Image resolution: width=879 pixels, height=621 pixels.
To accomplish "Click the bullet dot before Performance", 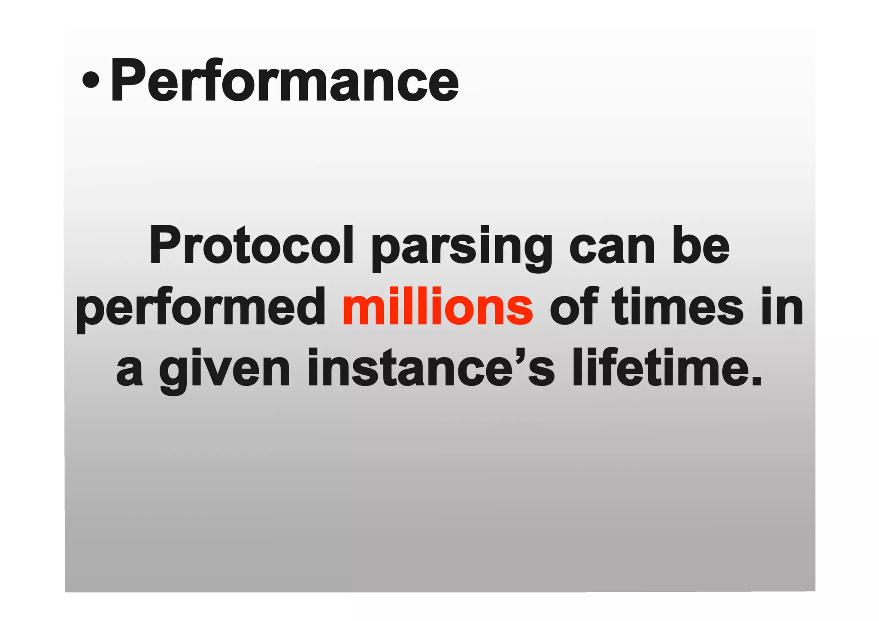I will [91, 79].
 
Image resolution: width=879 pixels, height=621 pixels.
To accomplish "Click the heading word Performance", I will [285, 81].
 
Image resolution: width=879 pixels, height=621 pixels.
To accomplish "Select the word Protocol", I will [251, 245].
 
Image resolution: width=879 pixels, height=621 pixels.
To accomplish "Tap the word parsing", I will [462, 249].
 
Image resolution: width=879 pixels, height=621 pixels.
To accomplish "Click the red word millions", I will [437, 307].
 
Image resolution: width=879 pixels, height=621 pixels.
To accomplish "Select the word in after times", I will [782, 307].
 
